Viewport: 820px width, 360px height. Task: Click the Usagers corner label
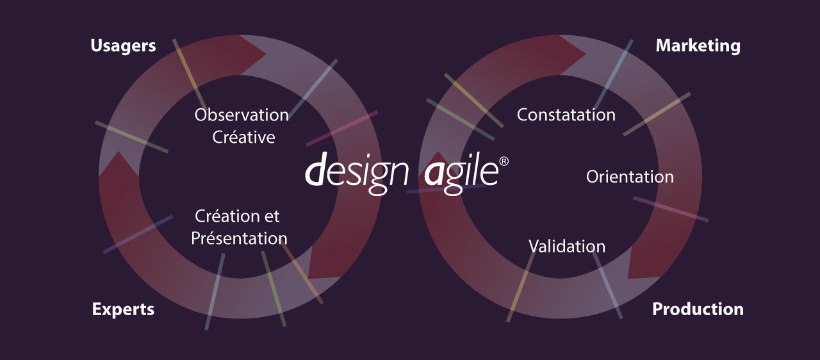123,46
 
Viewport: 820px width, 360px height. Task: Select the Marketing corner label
698,46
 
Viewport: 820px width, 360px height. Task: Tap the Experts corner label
123,309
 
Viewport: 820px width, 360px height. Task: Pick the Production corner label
698,309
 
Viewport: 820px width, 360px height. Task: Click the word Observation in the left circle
242,115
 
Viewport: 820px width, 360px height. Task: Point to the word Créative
244,137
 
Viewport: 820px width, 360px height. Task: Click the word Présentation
239,238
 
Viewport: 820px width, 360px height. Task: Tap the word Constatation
566,115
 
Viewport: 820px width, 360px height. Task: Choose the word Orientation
630,177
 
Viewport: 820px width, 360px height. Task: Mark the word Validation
567,246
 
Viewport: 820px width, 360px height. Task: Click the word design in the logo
357,173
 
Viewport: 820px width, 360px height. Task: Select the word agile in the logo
461,173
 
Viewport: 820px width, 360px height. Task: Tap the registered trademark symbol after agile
504,161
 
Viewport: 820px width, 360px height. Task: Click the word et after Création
272,217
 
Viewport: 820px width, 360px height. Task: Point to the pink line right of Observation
341,129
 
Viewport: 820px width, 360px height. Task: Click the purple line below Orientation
671,209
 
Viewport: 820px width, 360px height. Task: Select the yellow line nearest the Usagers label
190,75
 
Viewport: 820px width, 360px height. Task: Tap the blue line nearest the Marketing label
613,75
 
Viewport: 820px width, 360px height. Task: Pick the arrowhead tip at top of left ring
266,54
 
